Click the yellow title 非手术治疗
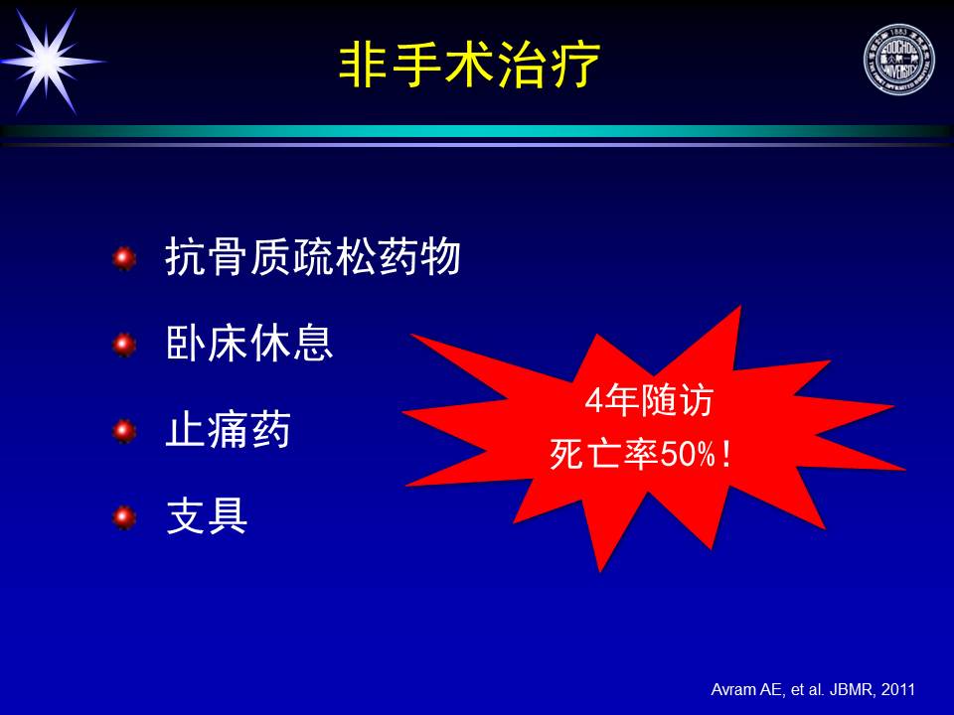tap(469, 65)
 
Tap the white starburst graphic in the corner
tap(49, 62)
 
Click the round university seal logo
tap(898, 60)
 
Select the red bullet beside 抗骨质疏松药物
tap(124, 258)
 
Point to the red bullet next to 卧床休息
tap(124, 345)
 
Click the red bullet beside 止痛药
tap(124, 431)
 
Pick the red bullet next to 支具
tap(124, 517)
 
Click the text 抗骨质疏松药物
tap(313, 256)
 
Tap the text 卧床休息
tap(249, 343)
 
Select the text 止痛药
tap(229, 430)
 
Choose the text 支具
tap(207, 516)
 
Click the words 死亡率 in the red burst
tap(604, 454)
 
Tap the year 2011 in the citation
tap(898, 689)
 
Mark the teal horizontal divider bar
tap(477, 131)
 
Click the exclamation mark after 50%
tap(725, 454)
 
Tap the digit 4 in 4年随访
tap(594, 401)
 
